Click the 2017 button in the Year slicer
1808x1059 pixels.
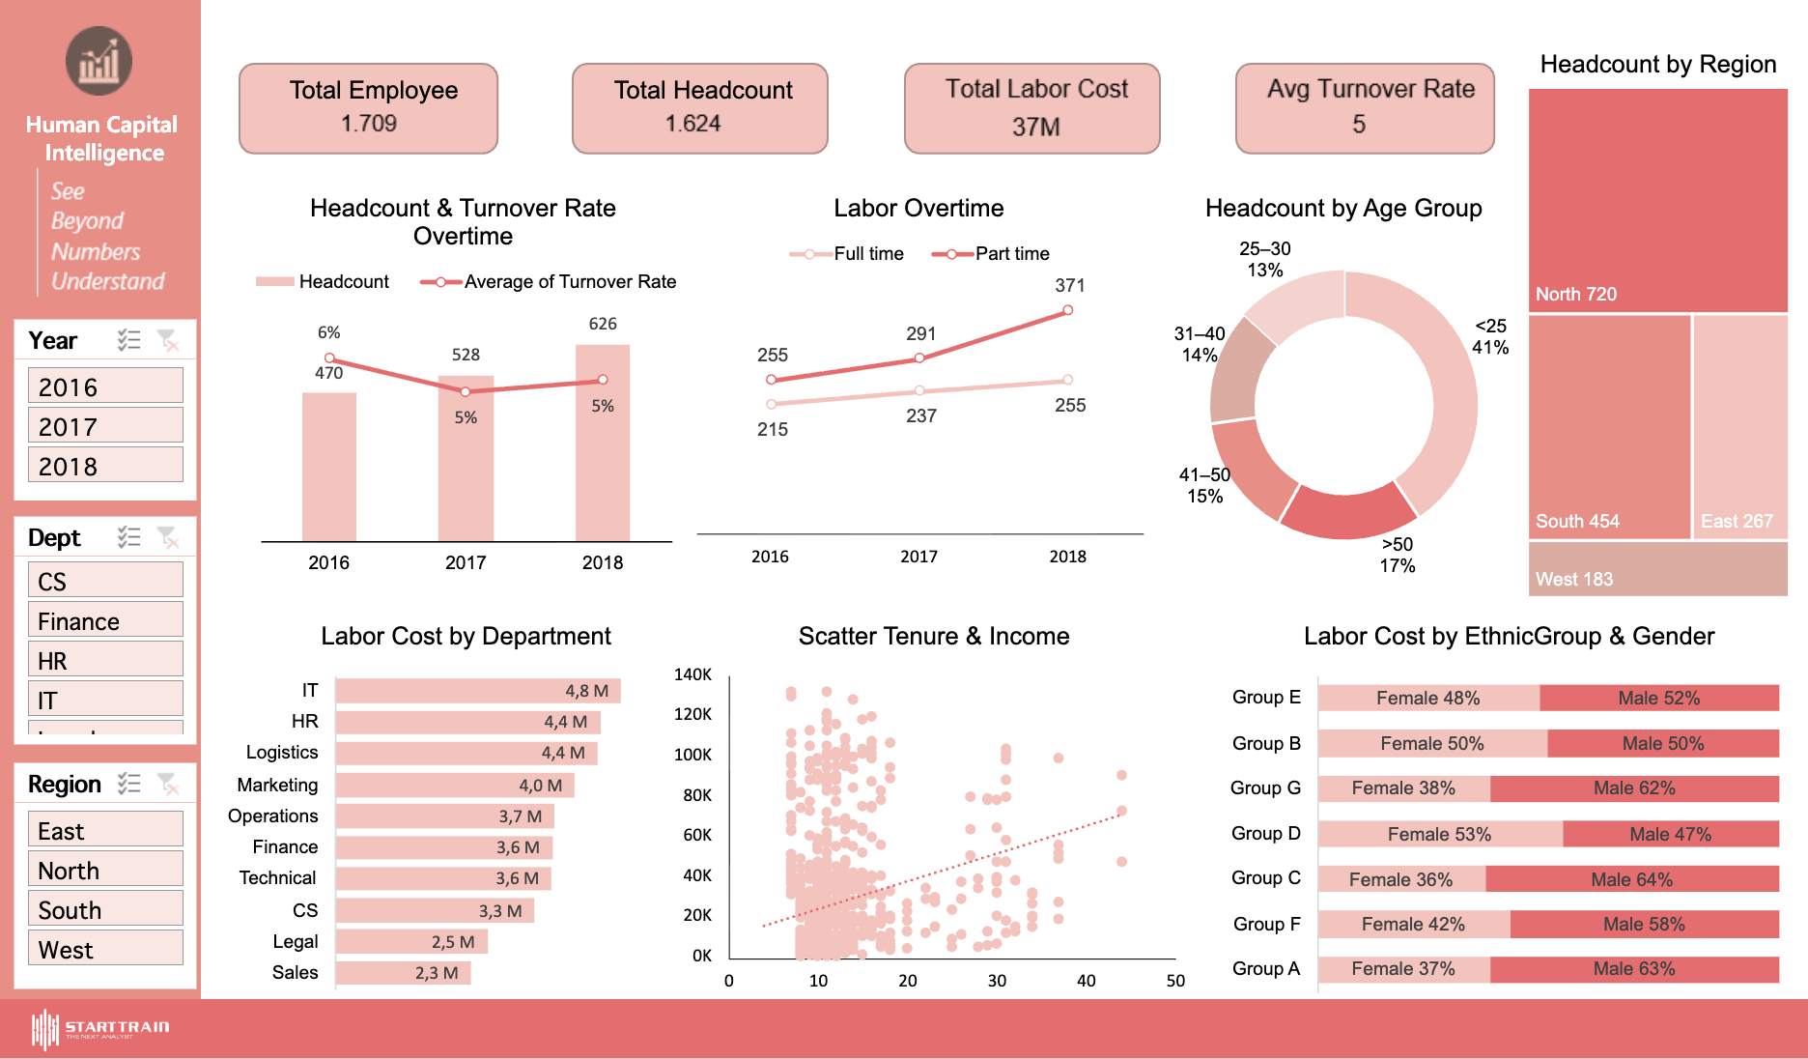click(105, 426)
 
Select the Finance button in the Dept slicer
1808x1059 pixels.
click(105, 621)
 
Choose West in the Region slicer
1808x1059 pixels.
click(105, 950)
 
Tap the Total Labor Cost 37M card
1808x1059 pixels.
click(1031, 108)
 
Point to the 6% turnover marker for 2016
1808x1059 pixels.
click(329, 358)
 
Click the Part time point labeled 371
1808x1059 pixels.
click(1067, 310)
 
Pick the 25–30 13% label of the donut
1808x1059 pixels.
click(1264, 259)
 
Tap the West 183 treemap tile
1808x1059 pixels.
click(1657, 569)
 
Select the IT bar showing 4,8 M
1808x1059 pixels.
click(478, 691)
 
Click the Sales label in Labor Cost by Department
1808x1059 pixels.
click(295, 972)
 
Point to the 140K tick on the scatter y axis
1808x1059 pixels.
click(692, 674)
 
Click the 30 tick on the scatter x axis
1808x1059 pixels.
click(997, 981)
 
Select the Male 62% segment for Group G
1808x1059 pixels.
click(1633, 788)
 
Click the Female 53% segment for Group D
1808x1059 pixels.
click(1439, 834)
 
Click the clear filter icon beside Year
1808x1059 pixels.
click(167, 340)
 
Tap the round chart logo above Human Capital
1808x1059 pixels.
click(99, 62)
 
